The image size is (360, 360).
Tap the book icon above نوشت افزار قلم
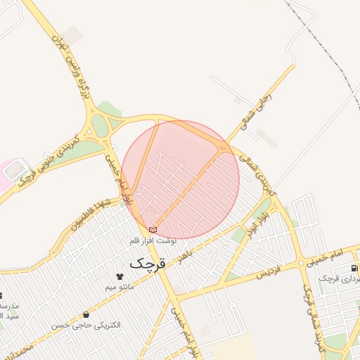coord(153,230)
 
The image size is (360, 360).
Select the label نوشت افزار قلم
coord(153,240)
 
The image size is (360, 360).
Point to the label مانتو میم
coord(119,287)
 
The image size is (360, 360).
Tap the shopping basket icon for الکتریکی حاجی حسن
coord(86,314)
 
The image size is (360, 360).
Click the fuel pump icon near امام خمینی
coord(354,268)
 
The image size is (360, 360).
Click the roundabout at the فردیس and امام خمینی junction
coord(301,262)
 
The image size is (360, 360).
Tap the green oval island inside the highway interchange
coord(100,126)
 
